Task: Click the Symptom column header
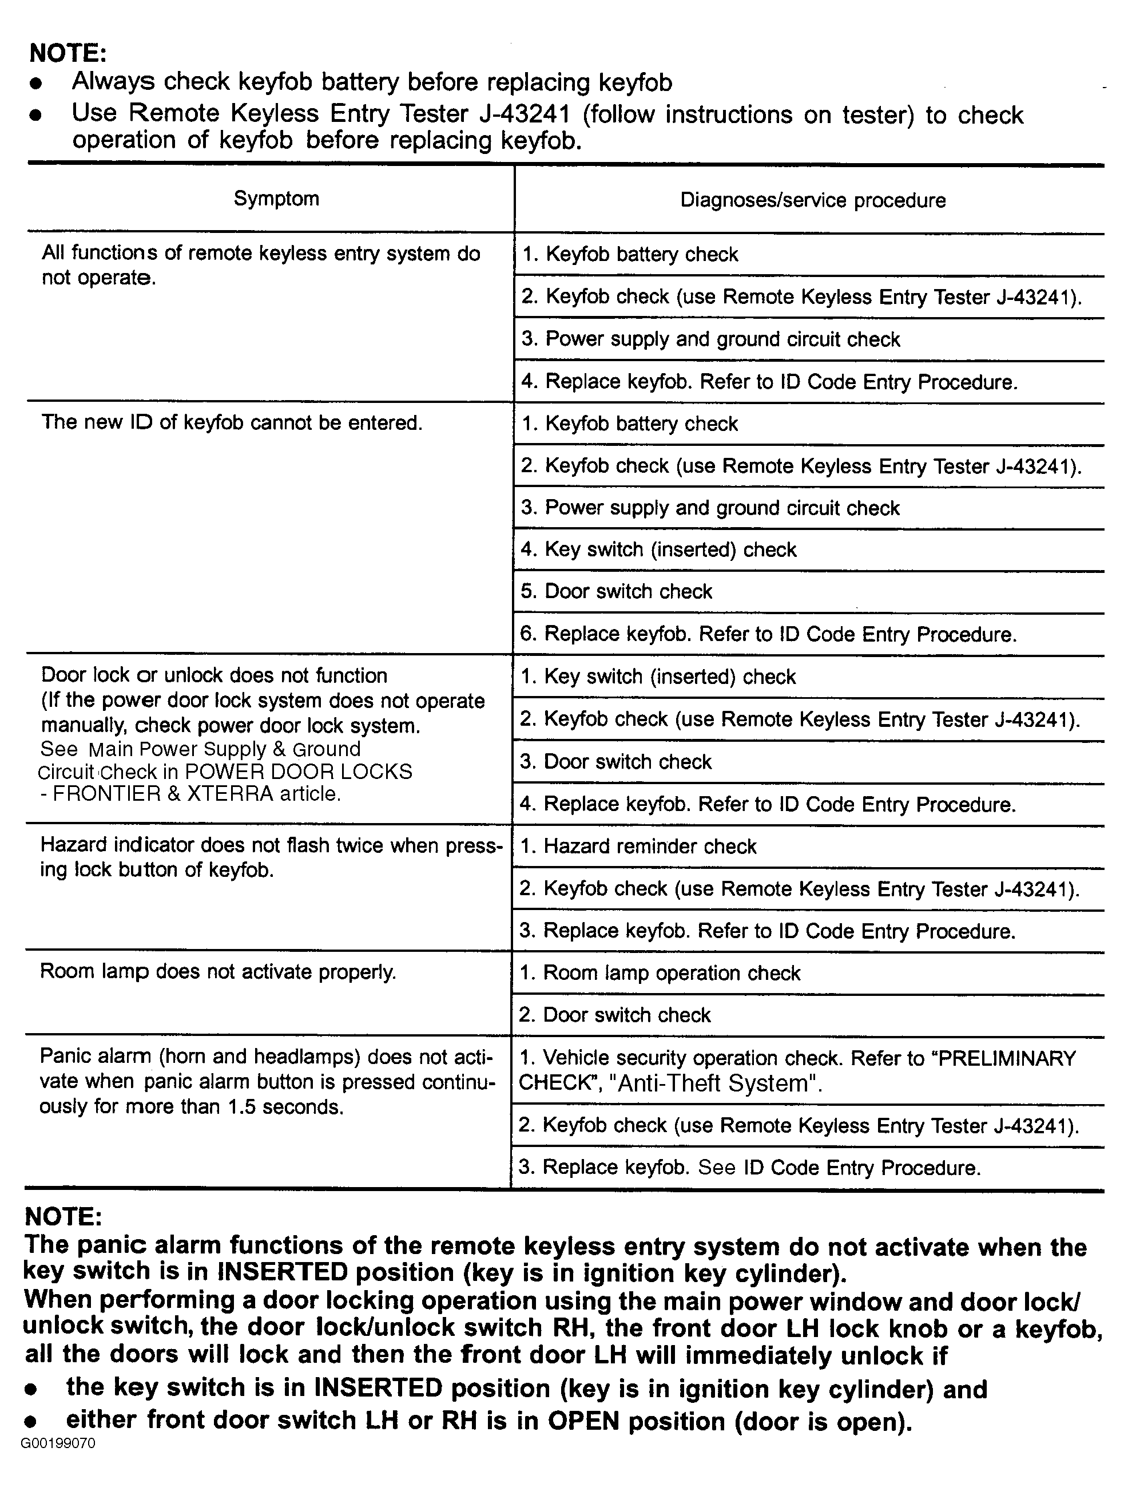[276, 199]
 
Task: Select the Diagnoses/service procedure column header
[813, 200]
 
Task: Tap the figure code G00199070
[58, 1443]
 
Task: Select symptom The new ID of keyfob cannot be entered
[232, 422]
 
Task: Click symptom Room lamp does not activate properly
[217, 972]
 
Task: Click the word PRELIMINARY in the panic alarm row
[1007, 1058]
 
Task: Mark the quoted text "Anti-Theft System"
[713, 1084]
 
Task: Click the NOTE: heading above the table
[68, 53]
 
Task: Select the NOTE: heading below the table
[63, 1217]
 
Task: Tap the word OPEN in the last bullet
[583, 1421]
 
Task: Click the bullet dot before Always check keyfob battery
[37, 83]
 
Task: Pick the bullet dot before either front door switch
[30, 1422]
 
